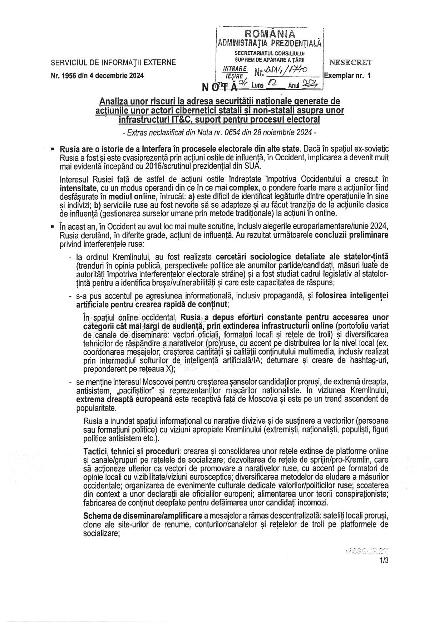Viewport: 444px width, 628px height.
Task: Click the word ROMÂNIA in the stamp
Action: (x=270, y=34)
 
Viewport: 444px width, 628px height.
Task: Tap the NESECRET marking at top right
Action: (x=350, y=63)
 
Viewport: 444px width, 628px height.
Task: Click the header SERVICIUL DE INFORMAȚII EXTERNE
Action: (x=113, y=63)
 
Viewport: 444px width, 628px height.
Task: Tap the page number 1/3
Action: (x=384, y=561)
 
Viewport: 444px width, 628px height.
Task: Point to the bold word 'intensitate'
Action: (x=78, y=188)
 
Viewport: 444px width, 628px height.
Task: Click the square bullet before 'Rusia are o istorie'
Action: (x=53, y=149)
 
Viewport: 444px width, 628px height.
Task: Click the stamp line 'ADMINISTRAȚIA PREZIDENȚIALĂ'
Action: (x=270, y=43)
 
